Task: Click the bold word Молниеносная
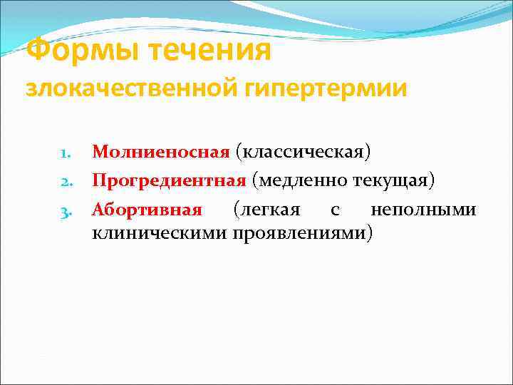click(161, 152)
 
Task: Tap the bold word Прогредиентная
click(169, 180)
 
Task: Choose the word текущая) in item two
click(394, 180)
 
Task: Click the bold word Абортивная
click(147, 210)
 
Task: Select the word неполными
click(423, 210)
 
